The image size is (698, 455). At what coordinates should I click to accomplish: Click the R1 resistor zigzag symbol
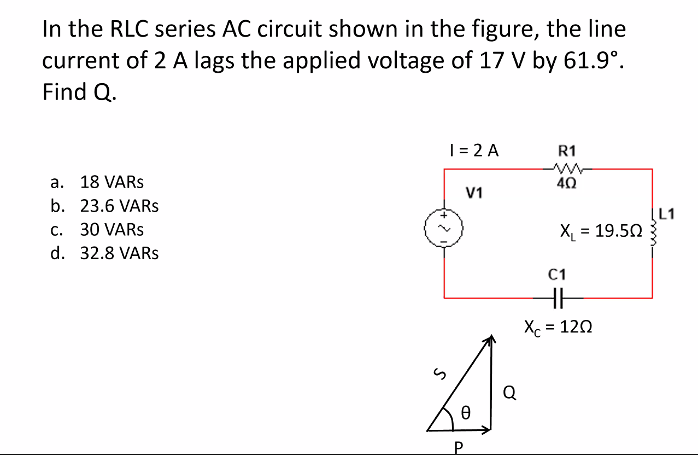[568, 167]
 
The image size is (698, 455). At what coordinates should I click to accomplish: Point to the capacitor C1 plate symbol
[556, 297]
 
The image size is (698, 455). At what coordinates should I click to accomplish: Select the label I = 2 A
[473, 150]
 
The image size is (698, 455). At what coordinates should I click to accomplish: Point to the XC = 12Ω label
[558, 328]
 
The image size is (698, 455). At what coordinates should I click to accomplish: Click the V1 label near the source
[474, 192]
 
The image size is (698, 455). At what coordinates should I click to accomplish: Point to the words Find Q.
[80, 92]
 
